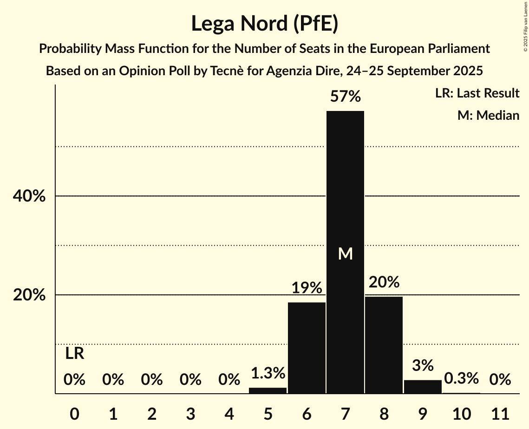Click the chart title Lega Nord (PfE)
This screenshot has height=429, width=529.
point(264,23)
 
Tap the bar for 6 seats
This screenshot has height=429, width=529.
point(307,348)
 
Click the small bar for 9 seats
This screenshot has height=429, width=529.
point(423,387)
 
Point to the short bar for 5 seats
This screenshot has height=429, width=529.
point(268,390)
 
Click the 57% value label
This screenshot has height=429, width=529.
point(345,97)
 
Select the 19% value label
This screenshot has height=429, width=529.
point(307,288)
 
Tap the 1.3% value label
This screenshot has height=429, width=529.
point(268,373)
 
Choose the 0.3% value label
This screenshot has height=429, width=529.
point(461,378)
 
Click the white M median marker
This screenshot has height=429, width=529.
point(345,253)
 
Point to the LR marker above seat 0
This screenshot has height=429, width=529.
point(74,354)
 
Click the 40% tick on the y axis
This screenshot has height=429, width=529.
point(29,196)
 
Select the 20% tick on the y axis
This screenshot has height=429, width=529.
point(29,295)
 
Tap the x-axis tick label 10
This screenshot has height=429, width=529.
point(461,413)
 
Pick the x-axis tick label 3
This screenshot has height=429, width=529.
point(190,413)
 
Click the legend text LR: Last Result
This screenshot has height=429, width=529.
point(477,93)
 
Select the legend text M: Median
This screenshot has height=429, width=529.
point(488,115)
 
